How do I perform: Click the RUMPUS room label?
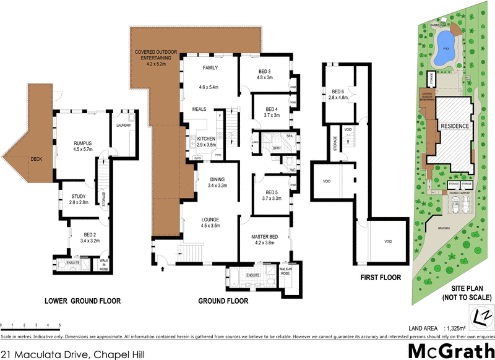coord(82,142)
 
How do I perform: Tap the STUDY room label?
coord(79,195)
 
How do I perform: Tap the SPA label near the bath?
coord(289,135)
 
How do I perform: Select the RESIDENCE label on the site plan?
coord(455,126)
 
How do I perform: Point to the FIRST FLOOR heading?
coord(381,278)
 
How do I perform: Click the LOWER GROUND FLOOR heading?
coord(82,301)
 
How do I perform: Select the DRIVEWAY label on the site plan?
coord(446,228)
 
